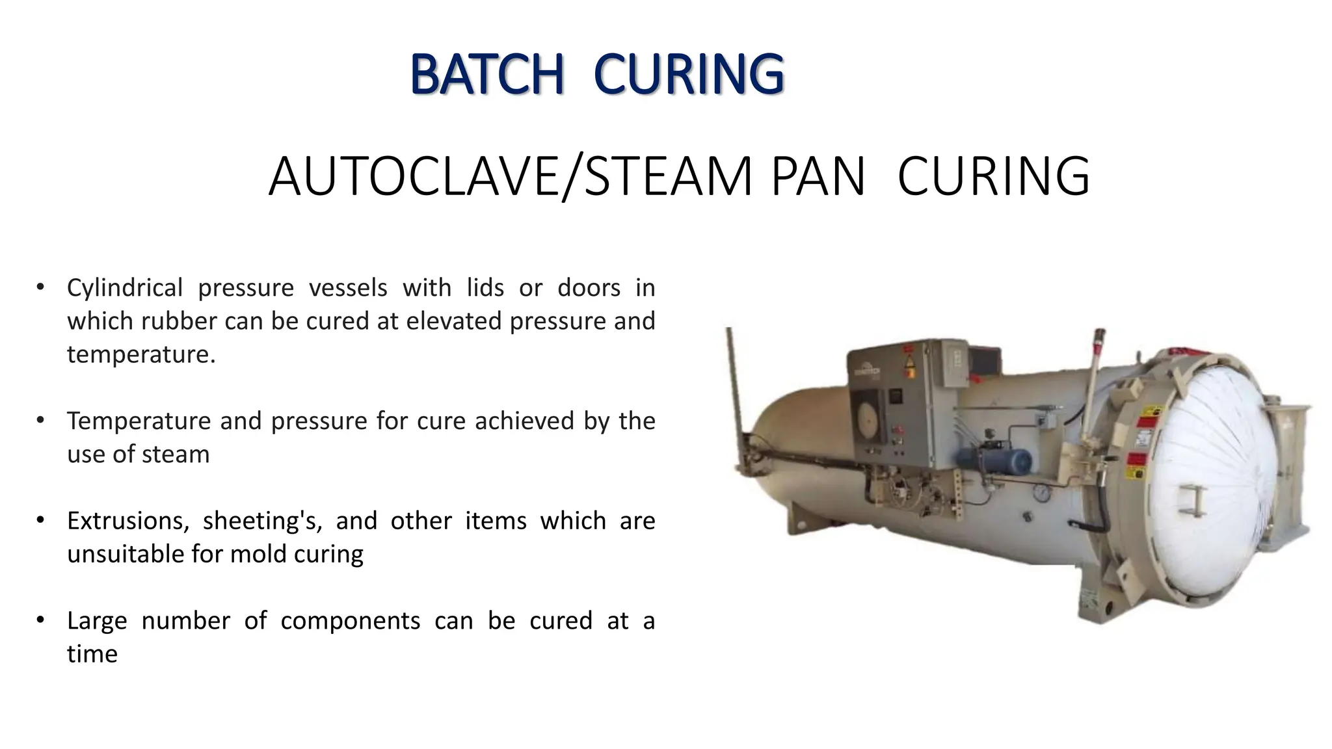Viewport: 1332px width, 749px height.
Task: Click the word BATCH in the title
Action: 486,75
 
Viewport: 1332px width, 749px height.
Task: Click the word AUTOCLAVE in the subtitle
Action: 414,176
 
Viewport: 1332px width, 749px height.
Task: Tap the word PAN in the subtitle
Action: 818,176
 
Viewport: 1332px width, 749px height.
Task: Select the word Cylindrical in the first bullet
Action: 124,287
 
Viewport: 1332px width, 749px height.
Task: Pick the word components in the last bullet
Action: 350,621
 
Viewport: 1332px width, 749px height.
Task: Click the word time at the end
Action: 92,654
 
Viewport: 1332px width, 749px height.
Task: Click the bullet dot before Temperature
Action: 40,420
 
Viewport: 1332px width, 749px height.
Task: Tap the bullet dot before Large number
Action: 40,620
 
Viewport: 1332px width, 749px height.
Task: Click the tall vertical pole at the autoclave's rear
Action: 734,390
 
